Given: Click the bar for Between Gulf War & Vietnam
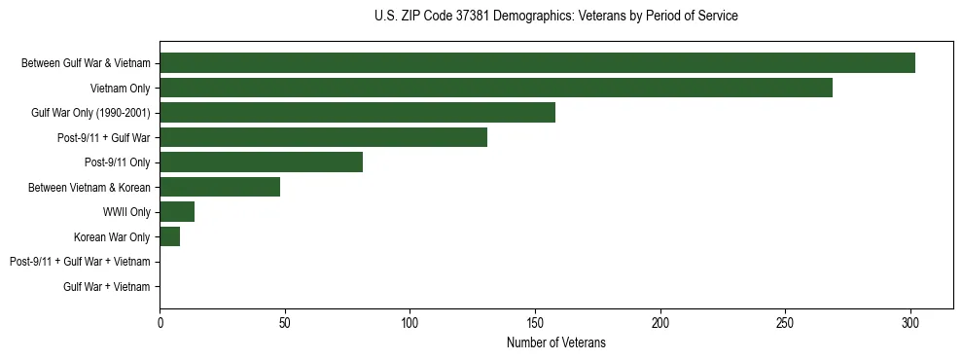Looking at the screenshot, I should click(x=537, y=63).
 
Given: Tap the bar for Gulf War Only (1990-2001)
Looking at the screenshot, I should click(x=357, y=113).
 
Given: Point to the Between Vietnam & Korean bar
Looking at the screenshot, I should click(x=220, y=187).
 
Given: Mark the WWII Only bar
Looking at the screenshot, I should click(x=177, y=212).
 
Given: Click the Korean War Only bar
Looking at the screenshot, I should click(x=169, y=236).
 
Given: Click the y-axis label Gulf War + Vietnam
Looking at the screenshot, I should click(x=107, y=287).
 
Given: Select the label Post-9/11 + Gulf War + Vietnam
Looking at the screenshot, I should click(x=80, y=262).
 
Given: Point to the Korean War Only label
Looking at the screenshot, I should click(x=112, y=236).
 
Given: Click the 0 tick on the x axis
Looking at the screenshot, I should click(x=160, y=322).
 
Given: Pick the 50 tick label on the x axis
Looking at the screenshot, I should click(x=285, y=322).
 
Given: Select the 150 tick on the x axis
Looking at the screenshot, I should click(x=535, y=322).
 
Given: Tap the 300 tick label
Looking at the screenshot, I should click(x=910, y=322).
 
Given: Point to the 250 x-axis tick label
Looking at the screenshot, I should click(x=785, y=322).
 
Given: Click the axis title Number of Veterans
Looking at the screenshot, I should click(x=555, y=342).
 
